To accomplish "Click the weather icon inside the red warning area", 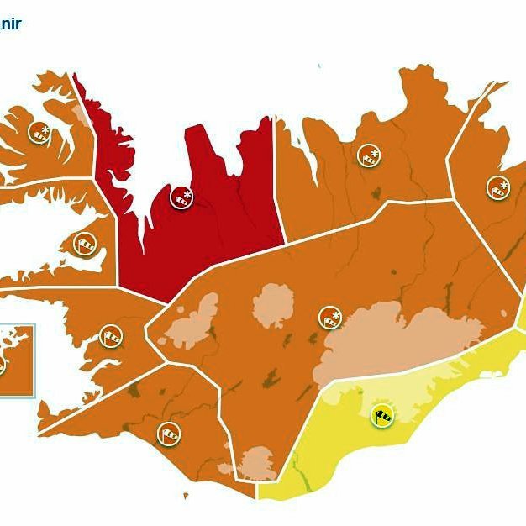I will [x=182, y=198].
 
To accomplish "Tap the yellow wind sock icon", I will [x=382, y=415].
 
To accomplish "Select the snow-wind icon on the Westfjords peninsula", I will [x=39, y=132].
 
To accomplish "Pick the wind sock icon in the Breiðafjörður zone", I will [x=85, y=245].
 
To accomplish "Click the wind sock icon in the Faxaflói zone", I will [x=111, y=336].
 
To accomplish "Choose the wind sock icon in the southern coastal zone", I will [x=169, y=434].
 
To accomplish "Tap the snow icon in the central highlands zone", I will [x=330, y=318].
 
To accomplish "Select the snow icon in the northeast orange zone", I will [x=368, y=155].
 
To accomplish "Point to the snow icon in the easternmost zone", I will [x=498, y=187].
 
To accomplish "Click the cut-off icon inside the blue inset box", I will [x=2, y=365].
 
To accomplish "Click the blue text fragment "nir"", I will [x=11, y=23].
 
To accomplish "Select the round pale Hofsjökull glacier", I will [x=274, y=305].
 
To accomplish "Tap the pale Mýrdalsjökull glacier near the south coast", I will [x=257, y=463].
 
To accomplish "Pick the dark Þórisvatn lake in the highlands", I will [x=272, y=379].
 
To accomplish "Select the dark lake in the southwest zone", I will [x=134, y=389].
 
